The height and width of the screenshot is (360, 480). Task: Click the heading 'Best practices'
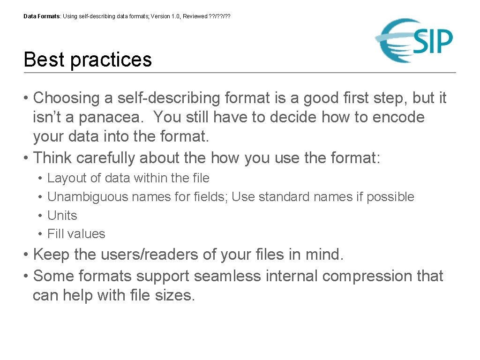point(88,60)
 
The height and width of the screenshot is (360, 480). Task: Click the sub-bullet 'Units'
point(62,216)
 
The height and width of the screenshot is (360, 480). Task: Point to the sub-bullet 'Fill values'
point(76,234)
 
